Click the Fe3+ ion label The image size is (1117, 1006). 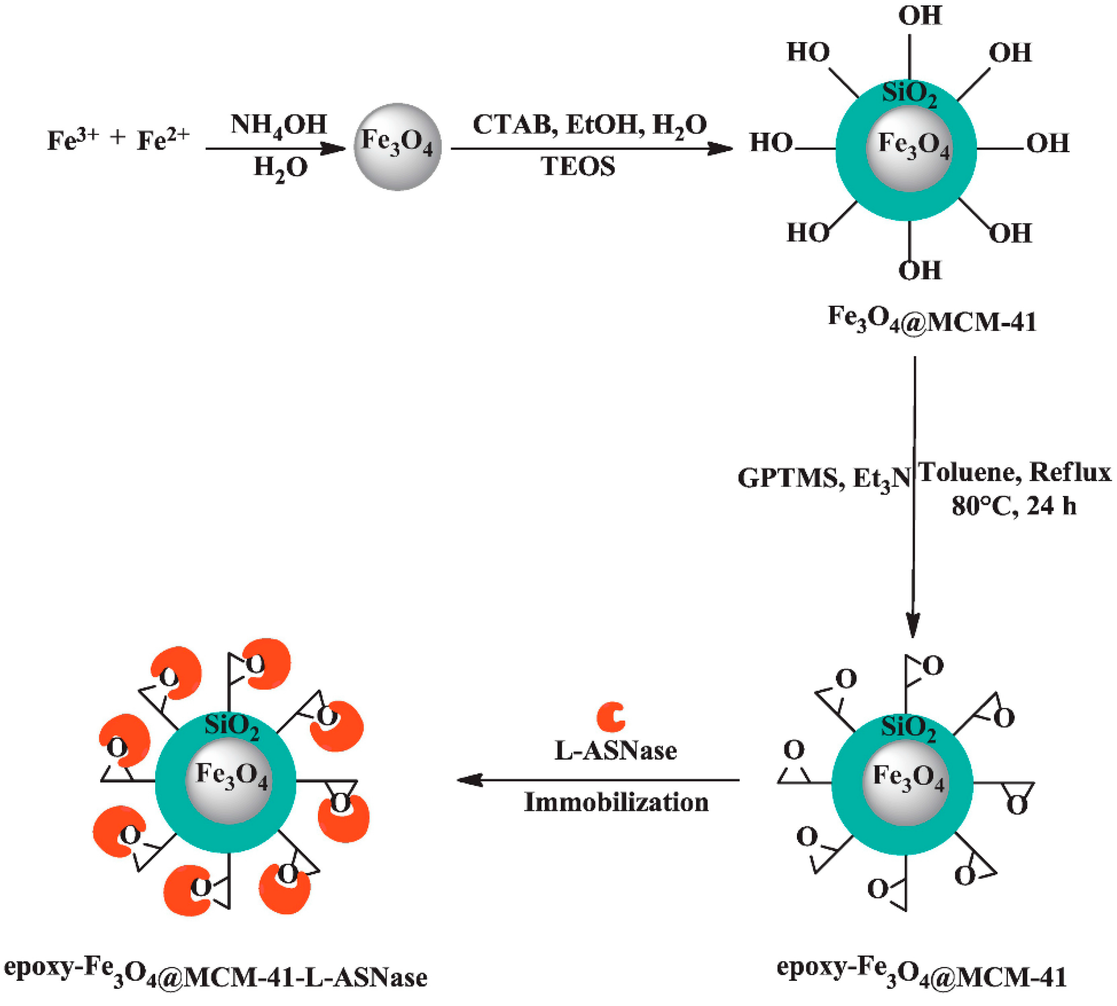click(x=72, y=139)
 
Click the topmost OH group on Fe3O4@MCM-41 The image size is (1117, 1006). click(x=920, y=16)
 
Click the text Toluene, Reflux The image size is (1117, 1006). click(x=1015, y=473)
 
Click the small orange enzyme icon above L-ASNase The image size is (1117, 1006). click(x=611, y=717)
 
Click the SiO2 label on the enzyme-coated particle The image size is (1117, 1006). click(x=232, y=726)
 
